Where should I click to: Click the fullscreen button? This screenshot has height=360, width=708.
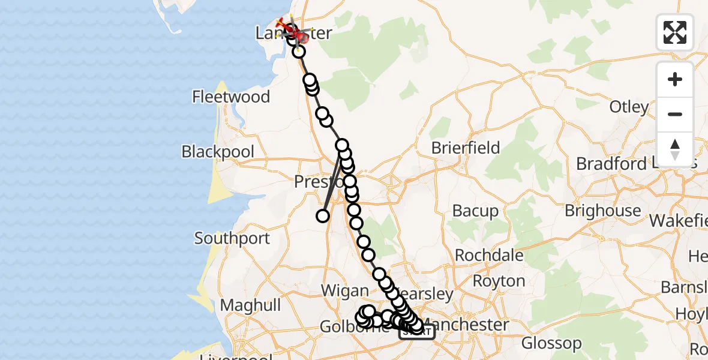[675, 32]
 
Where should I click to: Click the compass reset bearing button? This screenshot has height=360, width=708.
[675, 149]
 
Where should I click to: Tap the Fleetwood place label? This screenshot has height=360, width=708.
[231, 97]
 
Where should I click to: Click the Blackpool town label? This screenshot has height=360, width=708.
[218, 152]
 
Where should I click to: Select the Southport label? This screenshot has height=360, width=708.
[232, 238]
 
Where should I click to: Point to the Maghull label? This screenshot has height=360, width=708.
[250, 305]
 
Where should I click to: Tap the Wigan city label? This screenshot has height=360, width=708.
[344, 291]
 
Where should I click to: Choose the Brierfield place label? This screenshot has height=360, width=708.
[466, 148]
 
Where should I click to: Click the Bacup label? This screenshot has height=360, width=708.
[475, 211]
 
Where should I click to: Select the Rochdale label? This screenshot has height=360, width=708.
[489, 255]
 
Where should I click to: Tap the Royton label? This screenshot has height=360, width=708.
[499, 281]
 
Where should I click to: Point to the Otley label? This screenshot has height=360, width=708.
[629, 107]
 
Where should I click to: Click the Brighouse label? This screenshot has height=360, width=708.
[604, 211]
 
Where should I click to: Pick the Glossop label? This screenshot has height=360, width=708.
[551, 344]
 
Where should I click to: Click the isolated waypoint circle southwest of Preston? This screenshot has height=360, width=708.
[323, 216]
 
